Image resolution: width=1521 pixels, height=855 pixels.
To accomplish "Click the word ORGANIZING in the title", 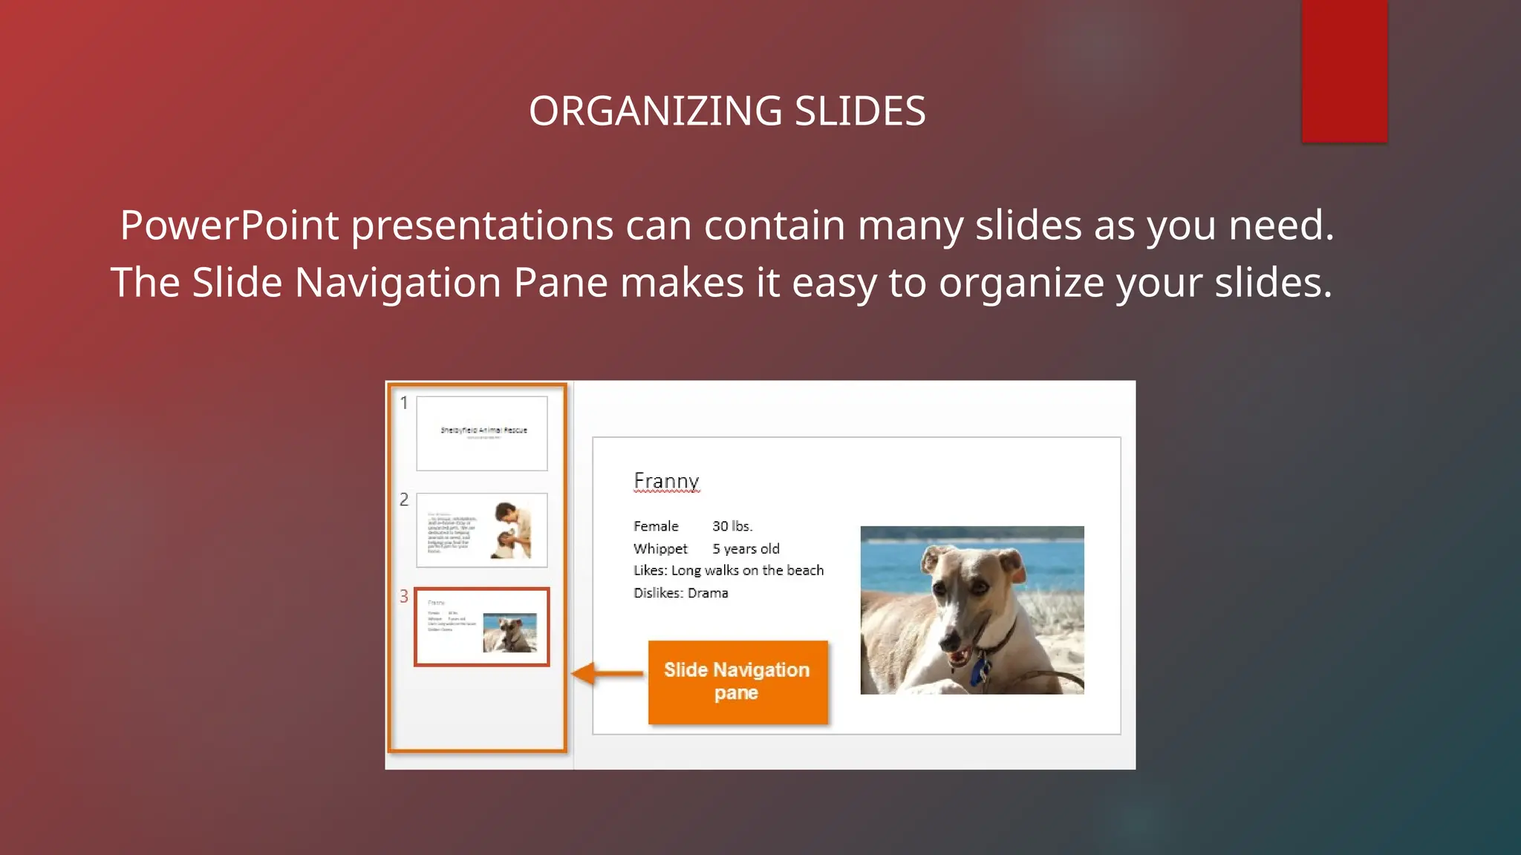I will pos(655,111).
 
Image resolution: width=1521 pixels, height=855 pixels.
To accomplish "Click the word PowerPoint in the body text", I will pos(229,225).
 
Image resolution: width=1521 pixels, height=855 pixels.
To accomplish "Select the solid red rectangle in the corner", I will pos(1344,71).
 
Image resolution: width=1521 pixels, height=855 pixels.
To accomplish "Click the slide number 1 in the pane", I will pos(404,403).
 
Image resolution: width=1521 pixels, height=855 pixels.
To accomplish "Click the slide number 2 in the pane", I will pos(404,499).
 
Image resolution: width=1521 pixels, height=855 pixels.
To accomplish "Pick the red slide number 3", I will pos(404,596).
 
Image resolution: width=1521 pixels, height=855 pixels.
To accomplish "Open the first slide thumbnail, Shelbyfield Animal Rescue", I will pos(482,433).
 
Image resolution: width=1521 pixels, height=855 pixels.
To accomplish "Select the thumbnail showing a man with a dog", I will pos(482,530).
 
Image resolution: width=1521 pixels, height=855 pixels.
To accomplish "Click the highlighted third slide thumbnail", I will pos(482,627).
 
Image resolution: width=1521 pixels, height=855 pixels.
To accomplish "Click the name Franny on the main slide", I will pos(666,481).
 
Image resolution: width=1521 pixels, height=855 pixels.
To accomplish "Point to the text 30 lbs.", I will pos(732,526).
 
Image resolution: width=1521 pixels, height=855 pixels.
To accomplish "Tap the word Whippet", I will pos(660,548).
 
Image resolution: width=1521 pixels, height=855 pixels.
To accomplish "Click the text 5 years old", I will pos(746,548).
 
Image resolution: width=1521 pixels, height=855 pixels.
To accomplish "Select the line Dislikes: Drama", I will pos(680,593).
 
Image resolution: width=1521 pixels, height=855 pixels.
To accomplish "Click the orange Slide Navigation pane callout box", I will pos(737,681).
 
